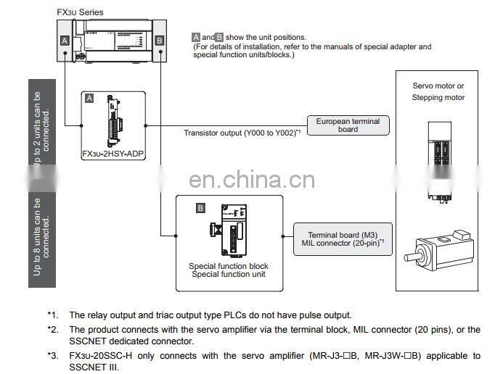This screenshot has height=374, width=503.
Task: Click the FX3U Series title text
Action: tap(81, 12)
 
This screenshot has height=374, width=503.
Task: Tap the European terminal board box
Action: tap(348, 125)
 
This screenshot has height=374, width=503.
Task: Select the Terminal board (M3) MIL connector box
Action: tap(342, 239)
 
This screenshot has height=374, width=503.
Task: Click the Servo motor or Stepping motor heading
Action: tap(438, 92)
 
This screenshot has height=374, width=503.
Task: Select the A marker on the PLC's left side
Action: tap(65, 41)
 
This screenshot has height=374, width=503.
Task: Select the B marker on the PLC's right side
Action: tap(159, 41)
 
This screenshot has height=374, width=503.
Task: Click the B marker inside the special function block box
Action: tap(201, 209)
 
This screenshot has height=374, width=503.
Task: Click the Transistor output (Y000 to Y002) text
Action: tap(242, 133)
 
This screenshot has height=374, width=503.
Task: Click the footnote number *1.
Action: tap(52, 315)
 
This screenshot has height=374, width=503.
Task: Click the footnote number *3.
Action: tap(52, 355)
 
